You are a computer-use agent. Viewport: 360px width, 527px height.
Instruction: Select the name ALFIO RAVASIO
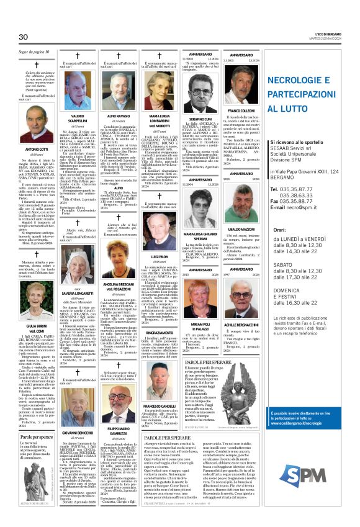[119, 115]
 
